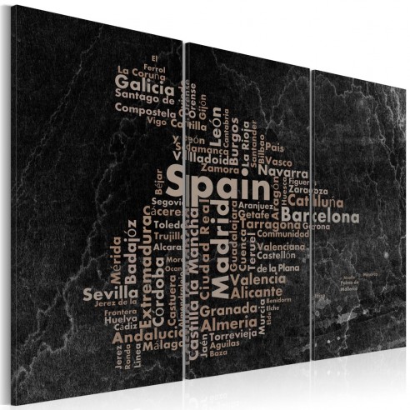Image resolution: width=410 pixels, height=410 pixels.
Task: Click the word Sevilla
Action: point(111,292)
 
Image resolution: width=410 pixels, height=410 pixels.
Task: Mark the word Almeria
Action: point(229,322)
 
